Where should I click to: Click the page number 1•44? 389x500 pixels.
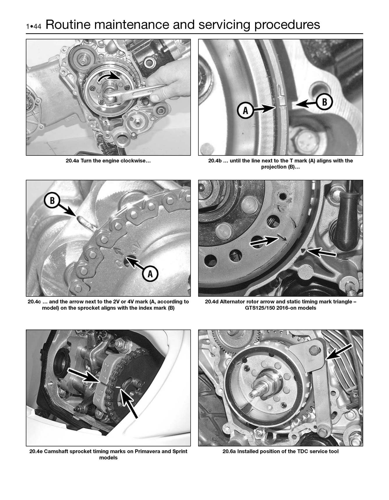(x=34, y=26)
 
